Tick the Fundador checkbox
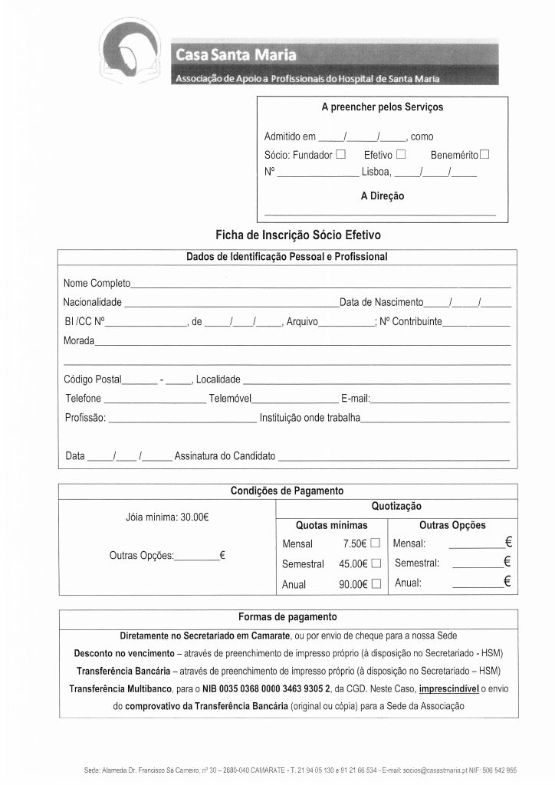342,154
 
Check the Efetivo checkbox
401,154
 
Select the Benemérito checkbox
484,154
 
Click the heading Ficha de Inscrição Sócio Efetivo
299,235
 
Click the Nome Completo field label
97,284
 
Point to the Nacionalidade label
92,303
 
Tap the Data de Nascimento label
381,303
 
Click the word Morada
80,340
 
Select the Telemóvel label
231,399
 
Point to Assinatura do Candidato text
225,456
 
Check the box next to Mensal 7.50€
376,544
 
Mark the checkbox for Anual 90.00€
376,584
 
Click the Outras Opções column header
452,525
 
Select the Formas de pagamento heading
287,616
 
